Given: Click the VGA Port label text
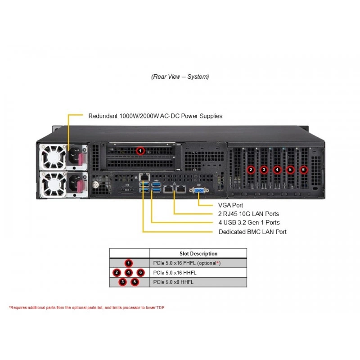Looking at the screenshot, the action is pyautogui.click(x=230, y=205).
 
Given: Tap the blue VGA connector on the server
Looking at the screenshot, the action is pyautogui.click(x=199, y=190).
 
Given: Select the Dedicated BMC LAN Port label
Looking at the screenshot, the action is pyautogui.click(x=252, y=232).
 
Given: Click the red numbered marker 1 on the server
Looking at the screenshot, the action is pyautogui.click(x=140, y=151).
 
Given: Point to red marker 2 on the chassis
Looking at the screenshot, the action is pyautogui.click(x=251, y=170).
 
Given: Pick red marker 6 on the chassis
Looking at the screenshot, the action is pyautogui.click(x=303, y=170).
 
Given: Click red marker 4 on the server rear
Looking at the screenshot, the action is pyautogui.click(x=277, y=170).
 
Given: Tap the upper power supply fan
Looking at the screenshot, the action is pyautogui.click(x=53, y=157).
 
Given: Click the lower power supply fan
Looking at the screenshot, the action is pyautogui.click(x=53, y=185).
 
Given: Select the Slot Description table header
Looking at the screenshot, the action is pyautogui.click(x=198, y=253).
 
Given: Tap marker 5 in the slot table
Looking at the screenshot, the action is pyautogui.click(x=135, y=282).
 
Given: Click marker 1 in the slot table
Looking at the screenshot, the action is pyautogui.click(x=129, y=263).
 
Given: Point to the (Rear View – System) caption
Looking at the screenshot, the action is pyautogui.click(x=180, y=76).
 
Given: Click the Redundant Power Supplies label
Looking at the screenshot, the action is pyautogui.click(x=155, y=116).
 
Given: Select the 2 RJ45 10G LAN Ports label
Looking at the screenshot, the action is pyautogui.click(x=248, y=214).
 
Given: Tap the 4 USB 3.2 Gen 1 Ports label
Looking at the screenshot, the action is pyautogui.click(x=249, y=222).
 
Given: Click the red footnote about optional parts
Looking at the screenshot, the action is pyautogui.click(x=87, y=307).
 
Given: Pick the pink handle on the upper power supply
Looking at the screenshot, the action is pyautogui.click(x=81, y=159).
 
